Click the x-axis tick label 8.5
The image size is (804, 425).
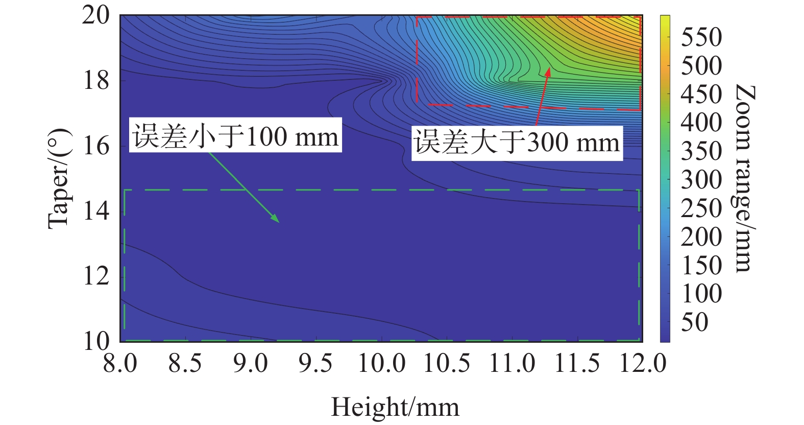(185, 364)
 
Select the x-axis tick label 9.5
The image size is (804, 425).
(315, 364)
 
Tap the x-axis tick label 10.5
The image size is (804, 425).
(447, 364)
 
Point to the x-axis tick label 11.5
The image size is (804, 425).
(577, 364)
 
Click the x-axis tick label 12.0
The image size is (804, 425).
(643, 364)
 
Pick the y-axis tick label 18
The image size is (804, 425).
(96, 80)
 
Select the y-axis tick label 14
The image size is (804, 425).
(96, 210)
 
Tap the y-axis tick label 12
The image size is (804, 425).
(96, 276)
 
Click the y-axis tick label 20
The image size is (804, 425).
(96, 15)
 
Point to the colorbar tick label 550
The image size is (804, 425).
(701, 37)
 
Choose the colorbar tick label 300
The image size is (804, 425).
(701, 180)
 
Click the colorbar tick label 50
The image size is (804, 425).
(695, 322)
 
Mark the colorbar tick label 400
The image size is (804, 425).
(701, 123)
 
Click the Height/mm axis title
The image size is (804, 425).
(395, 408)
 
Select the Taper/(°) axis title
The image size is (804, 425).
(59, 179)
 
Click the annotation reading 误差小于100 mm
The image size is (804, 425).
(236, 136)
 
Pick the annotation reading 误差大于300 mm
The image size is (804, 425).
(517, 142)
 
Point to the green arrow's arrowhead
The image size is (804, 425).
(277, 221)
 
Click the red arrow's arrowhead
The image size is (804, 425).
(548, 70)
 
